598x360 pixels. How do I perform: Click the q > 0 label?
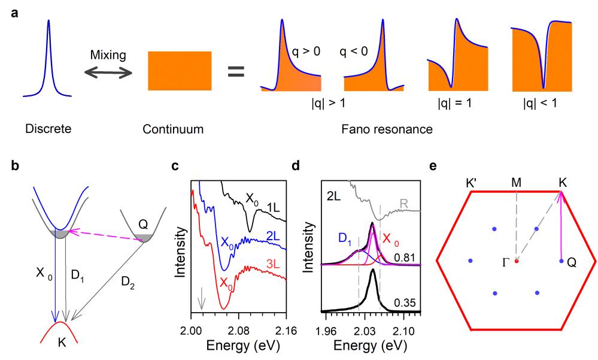pyautogui.click(x=306, y=52)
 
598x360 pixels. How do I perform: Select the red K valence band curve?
pyautogui.click(x=60, y=328)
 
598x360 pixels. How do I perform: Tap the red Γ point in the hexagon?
pyautogui.click(x=516, y=261)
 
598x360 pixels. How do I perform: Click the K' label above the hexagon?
pyautogui.click(x=470, y=180)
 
